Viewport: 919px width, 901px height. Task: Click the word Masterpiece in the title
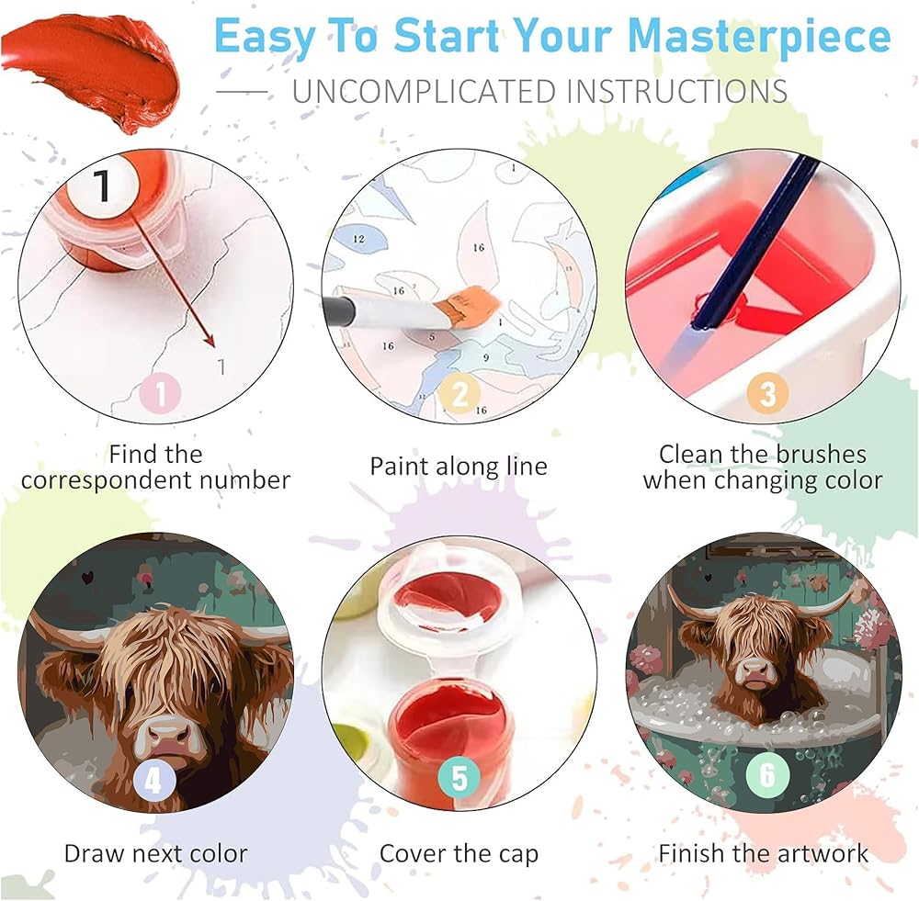point(758,37)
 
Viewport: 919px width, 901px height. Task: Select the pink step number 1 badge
point(161,392)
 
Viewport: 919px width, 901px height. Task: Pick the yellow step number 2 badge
point(460,392)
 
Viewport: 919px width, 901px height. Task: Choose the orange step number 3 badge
point(767,392)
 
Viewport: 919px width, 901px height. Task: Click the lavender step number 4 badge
point(153,779)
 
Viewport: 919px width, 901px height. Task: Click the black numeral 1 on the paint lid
point(103,186)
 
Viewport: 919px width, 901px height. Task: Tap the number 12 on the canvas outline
point(358,239)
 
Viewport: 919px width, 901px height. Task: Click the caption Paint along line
point(459,467)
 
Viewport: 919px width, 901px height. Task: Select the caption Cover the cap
point(459,853)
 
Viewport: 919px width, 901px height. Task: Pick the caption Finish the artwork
point(764,853)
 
